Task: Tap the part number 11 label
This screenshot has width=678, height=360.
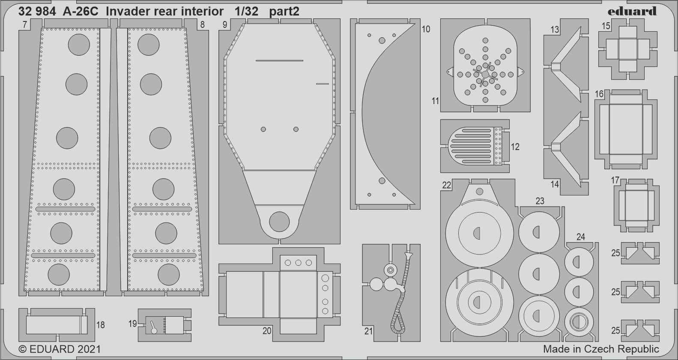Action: [x=435, y=101]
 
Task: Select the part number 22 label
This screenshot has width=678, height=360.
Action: [x=446, y=185]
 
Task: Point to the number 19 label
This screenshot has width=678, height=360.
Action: [x=133, y=324]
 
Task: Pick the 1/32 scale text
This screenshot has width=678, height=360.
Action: [x=246, y=12]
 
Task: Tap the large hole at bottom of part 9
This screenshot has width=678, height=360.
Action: [x=279, y=222]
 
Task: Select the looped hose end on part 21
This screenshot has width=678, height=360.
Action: [x=397, y=323]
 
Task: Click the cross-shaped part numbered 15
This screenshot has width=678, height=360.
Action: [x=628, y=49]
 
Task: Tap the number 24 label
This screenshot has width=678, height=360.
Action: [x=580, y=237]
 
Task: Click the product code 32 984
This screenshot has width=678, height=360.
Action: [x=37, y=12]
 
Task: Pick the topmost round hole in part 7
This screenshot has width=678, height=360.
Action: [x=79, y=45]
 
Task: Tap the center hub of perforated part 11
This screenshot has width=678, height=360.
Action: [x=485, y=75]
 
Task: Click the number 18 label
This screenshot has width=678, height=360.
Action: [x=101, y=325]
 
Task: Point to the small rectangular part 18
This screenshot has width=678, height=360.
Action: [x=57, y=325]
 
